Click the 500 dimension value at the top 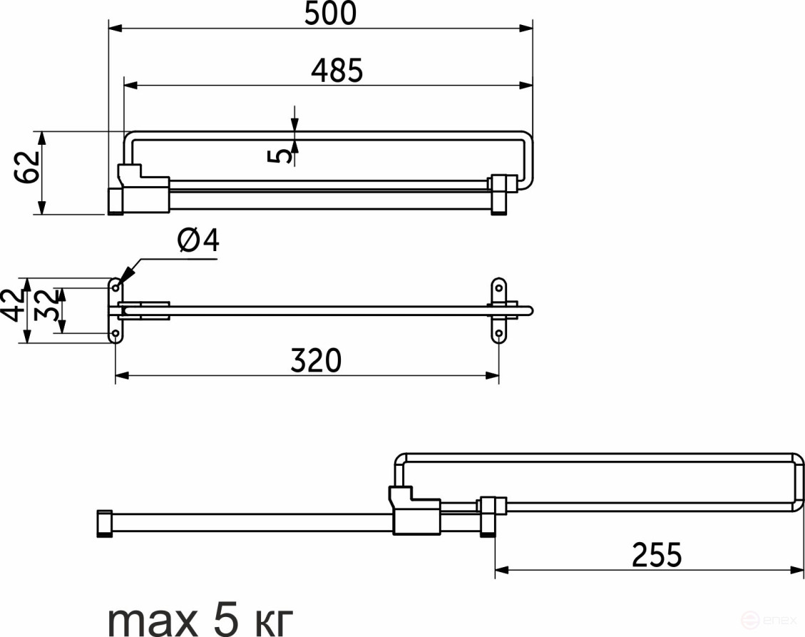pos(329,14)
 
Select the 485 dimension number pos(337,71)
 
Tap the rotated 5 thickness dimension pos(283,152)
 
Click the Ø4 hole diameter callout pos(198,243)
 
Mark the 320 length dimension pos(316,361)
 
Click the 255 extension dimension pos(657,554)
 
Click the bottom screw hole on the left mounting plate pos(116,334)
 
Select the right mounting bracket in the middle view pos(500,311)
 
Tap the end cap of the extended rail pos(104,522)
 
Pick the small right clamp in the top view pos(501,190)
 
